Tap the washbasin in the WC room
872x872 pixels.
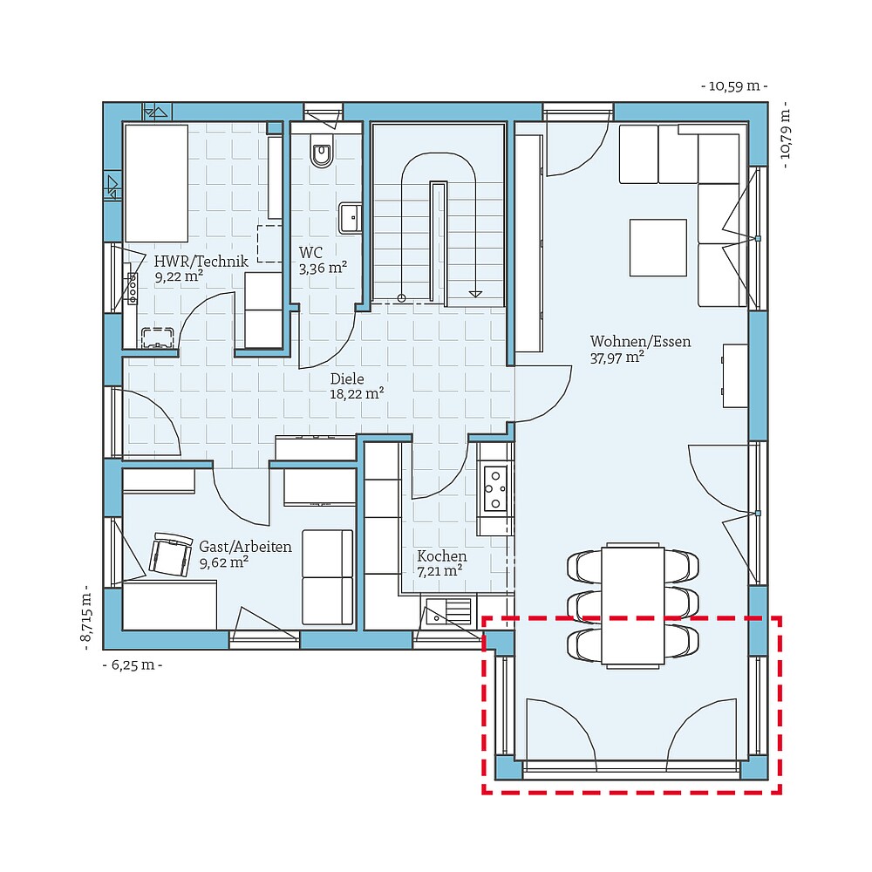tap(351, 218)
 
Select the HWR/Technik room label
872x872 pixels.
tap(201, 269)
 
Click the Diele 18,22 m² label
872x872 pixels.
tap(357, 386)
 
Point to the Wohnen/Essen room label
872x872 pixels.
tap(640, 349)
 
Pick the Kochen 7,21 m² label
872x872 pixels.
tap(441, 563)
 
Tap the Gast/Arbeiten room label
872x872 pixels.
tap(245, 554)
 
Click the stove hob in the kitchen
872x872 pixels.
tap(495, 487)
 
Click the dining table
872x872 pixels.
tap(633, 605)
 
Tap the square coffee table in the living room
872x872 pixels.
tap(657, 248)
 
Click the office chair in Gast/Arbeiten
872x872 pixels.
tap(171, 555)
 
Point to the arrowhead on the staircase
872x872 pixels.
tap(475, 294)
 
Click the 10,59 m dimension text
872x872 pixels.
tap(734, 86)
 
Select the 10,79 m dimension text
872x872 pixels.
tap(786, 135)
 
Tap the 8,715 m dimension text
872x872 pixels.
tap(86, 617)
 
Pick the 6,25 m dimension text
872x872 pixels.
tap(133, 664)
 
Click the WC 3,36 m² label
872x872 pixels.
tap(324, 260)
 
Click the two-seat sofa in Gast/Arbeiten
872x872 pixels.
tap(328, 577)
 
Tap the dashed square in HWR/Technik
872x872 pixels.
tap(269, 243)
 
